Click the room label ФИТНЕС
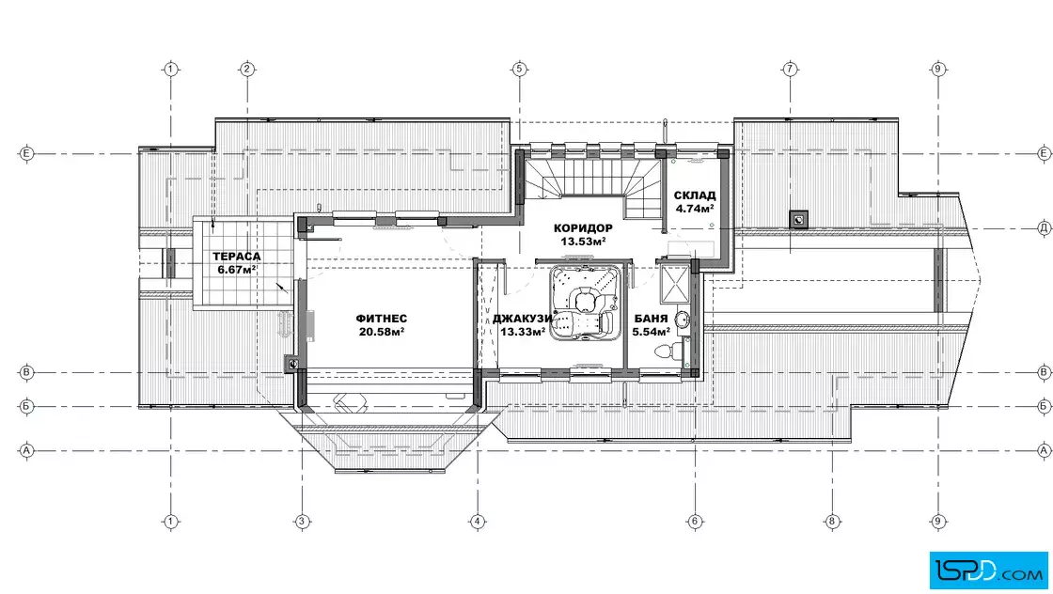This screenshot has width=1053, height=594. (x=382, y=319)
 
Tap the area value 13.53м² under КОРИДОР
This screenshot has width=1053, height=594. (x=583, y=242)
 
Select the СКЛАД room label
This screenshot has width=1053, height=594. (x=695, y=195)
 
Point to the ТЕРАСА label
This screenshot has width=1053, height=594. (x=236, y=257)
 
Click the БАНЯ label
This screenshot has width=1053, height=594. (x=651, y=319)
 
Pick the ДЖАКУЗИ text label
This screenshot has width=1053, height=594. (x=523, y=319)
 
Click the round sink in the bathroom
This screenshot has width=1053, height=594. (x=682, y=320)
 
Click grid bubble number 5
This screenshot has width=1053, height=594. (x=518, y=69)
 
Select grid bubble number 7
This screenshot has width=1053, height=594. (x=790, y=69)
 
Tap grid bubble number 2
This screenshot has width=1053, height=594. (x=247, y=69)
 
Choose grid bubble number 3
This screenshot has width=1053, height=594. (x=302, y=521)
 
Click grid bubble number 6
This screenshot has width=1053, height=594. (x=695, y=521)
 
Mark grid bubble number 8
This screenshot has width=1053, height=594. (x=832, y=521)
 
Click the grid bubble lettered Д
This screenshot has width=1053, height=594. (x=1045, y=228)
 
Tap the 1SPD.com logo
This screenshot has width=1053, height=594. (x=988, y=571)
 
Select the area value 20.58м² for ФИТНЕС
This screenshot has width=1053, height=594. (x=382, y=332)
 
